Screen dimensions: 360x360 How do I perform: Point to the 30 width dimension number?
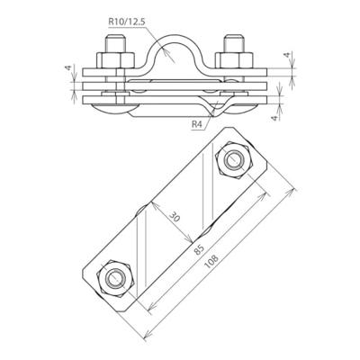coord(171,217)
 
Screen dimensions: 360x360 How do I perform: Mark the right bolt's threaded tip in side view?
coord(230,43)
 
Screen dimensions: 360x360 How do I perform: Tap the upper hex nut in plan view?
coord(236,161)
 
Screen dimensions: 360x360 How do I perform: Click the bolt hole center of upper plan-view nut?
coord(236,161)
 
